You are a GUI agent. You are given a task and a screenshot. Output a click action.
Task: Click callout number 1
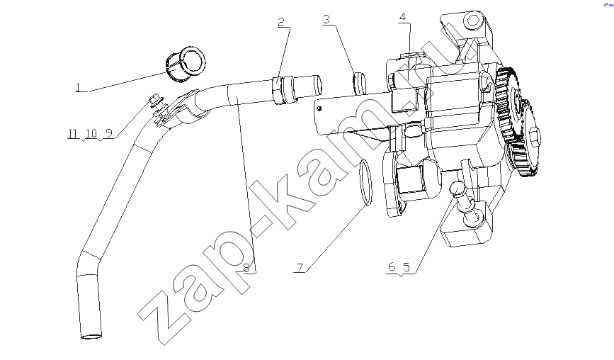77,87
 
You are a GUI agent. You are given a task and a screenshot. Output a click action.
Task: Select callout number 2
281,22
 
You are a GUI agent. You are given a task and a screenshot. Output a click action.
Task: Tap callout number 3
326,19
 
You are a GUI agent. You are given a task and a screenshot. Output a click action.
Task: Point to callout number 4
402,17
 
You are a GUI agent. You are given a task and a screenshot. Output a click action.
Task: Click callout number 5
407,267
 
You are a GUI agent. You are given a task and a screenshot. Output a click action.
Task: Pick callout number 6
392,266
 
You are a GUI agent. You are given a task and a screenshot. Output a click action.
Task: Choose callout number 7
300,268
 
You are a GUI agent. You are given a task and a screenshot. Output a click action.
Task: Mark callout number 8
246,269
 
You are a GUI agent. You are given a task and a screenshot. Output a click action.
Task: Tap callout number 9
109,133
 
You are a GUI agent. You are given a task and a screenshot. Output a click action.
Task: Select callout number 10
91,133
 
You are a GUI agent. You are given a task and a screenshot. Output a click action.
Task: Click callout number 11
73,133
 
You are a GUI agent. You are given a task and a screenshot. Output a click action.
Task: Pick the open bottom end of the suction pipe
91,336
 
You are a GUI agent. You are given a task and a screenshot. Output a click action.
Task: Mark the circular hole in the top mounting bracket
473,21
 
